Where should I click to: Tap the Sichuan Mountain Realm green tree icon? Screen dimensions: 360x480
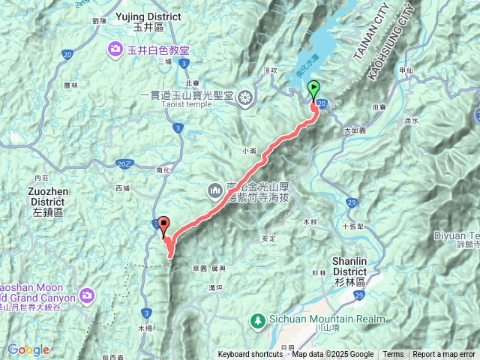(x=256, y=319)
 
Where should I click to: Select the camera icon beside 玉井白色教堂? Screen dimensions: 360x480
(x=115, y=50)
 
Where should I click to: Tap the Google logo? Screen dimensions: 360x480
(x=28, y=349)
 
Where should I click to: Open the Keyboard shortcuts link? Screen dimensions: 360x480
(x=251, y=355)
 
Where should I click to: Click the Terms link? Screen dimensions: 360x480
(x=393, y=355)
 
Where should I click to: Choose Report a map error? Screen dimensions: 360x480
(x=444, y=355)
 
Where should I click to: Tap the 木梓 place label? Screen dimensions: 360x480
(x=309, y=222)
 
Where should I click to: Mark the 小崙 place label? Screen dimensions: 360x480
(x=250, y=150)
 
